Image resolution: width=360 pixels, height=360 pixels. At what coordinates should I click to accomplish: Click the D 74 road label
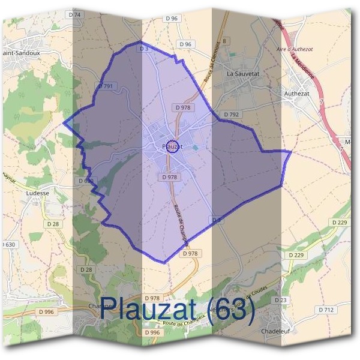(75, 14)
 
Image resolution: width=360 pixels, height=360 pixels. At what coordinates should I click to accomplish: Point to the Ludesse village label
(38, 194)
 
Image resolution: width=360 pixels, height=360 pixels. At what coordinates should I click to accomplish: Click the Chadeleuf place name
(275, 331)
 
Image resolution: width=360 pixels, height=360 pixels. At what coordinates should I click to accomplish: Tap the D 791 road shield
(106, 86)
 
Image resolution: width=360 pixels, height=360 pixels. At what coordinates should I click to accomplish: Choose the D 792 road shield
(231, 114)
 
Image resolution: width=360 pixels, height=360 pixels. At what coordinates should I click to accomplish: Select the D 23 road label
(281, 299)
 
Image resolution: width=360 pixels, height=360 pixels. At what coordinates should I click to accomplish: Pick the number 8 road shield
(225, 41)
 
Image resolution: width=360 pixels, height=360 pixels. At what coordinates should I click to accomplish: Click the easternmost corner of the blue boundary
(291, 152)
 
